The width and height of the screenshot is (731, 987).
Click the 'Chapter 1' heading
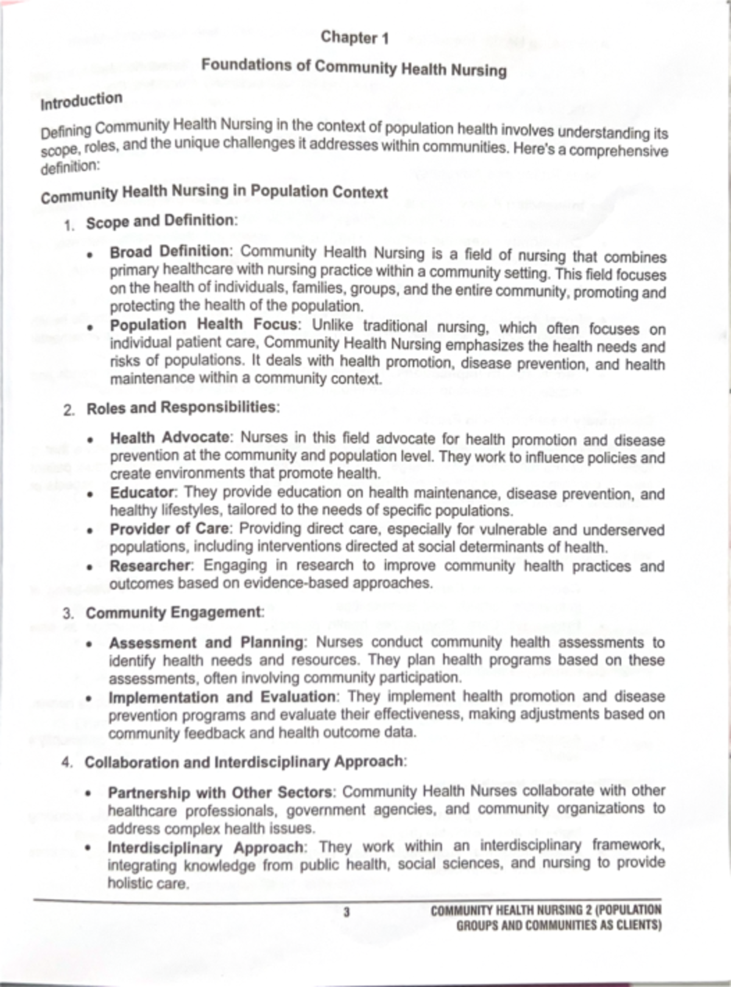tap(355, 38)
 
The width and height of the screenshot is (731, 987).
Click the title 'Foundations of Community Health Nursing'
tap(354, 67)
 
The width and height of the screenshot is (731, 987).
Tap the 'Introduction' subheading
tap(81, 101)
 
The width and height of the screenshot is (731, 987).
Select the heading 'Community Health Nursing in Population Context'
tap(214, 193)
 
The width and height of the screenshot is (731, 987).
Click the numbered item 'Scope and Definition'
tap(160, 221)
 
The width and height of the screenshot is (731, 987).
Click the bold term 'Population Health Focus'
tap(203, 325)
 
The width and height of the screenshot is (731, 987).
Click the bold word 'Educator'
tap(142, 492)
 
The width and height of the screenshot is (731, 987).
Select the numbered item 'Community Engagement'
tap(174, 613)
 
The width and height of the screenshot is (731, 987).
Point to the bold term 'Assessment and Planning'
tap(206, 643)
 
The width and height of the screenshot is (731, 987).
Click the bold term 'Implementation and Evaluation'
tap(222, 697)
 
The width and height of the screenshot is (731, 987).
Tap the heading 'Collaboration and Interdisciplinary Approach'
tap(244, 762)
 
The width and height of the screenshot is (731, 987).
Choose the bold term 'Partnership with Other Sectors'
tap(220, 793)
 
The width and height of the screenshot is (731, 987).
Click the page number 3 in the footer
tap(347, 912)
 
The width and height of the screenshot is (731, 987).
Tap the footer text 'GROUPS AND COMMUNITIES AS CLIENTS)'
tap(559, 925)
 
